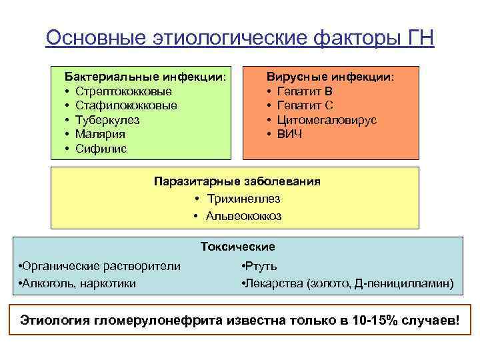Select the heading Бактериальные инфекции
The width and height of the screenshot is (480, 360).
(145, 77)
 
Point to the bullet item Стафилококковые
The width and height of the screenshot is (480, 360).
(126, 105)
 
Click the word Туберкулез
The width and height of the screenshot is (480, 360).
(107, 120)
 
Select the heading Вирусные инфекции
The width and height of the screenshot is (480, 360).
(330, 77)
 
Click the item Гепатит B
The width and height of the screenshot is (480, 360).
(305, 91)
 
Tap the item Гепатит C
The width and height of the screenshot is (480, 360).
(305, 105)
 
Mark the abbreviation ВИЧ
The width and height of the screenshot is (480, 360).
(290, 134)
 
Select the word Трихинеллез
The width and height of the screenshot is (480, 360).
(243, 199)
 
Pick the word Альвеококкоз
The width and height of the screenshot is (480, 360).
(243, 216)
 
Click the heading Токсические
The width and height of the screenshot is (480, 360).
(238, 247)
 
